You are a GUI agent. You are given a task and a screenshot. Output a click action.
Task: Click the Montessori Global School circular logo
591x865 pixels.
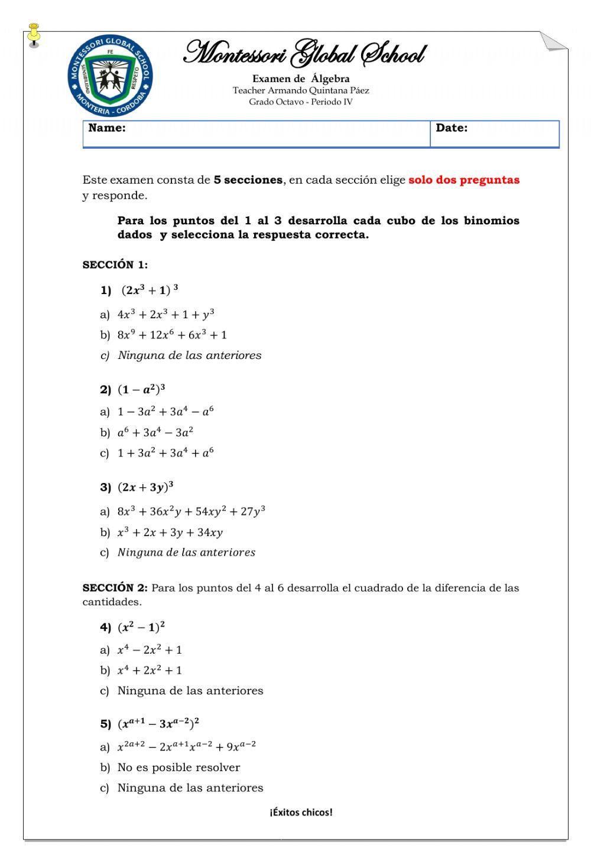(110, 76)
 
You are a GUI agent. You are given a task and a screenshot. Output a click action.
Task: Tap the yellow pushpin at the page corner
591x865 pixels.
(34, 34)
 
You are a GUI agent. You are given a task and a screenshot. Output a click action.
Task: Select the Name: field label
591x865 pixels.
(107, 128)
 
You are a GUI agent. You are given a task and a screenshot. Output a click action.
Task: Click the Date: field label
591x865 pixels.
(452, 128)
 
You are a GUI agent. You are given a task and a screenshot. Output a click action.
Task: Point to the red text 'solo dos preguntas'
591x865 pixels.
(464, 180)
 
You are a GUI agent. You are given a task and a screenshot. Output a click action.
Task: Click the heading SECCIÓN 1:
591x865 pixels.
(115, 265)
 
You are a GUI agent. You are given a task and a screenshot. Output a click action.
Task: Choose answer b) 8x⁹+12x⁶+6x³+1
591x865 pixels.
(171, 335)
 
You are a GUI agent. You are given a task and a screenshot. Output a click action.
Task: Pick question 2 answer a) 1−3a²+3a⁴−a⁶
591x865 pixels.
(165, 412)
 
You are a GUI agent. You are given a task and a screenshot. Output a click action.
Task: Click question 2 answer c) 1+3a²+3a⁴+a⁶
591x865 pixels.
(165, 453)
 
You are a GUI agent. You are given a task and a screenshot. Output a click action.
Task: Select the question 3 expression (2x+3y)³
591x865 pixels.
(145, 487)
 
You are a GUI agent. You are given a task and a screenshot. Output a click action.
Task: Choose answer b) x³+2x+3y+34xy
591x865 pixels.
(170, 533)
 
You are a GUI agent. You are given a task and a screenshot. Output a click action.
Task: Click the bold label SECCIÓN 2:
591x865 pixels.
(115, 588)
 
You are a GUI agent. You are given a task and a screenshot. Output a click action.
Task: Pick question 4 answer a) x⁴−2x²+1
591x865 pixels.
(150, 650)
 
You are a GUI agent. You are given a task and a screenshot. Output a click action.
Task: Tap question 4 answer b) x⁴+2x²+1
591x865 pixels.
(150, 670)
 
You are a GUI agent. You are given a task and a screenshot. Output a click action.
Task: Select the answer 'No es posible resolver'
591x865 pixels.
(178, 768)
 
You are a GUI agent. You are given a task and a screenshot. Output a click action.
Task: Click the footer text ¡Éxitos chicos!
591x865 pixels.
(301, 812)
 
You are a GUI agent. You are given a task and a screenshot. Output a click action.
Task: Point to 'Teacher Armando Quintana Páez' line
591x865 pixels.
(301, 90)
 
